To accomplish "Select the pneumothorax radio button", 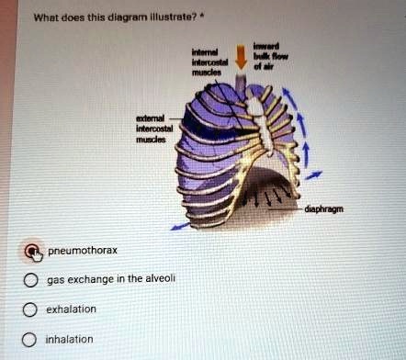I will pyautogui.click(x=33, y=250).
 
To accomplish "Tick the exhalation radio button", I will pyautogui.click(x=31, y=310).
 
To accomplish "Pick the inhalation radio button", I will pyautogui.click(x=31, y=340).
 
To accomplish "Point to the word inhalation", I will pyautogui.click(x=70, y=339).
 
